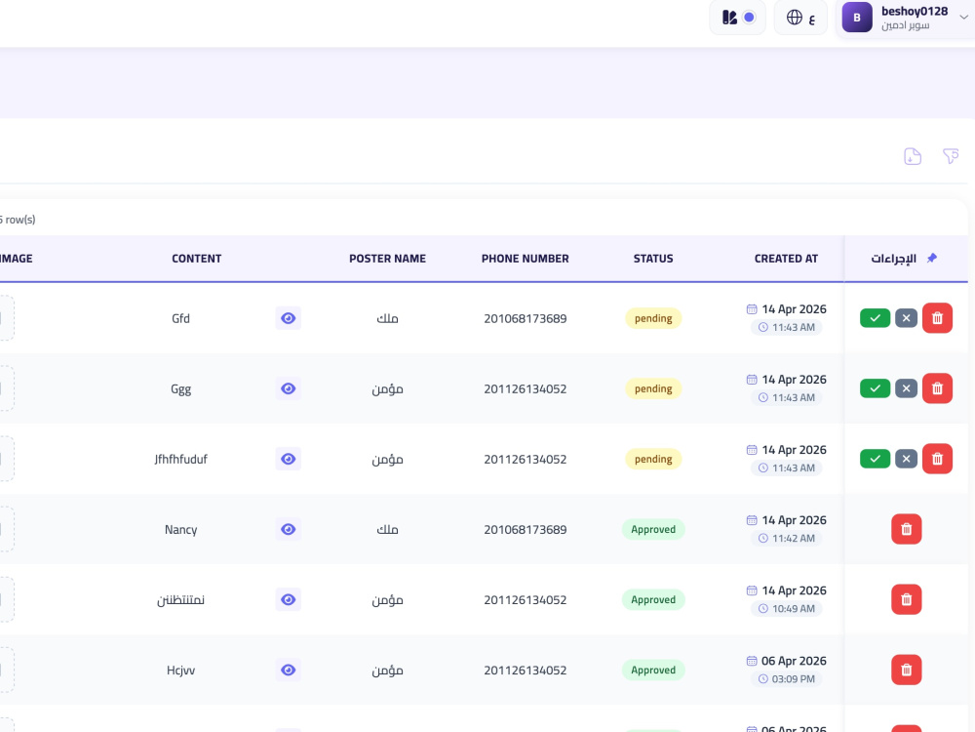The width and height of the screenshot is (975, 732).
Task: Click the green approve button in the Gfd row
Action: pyautogui.click(x=875, y=318)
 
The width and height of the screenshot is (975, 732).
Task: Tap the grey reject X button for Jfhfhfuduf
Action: pyautogui.click(x=906, y=459)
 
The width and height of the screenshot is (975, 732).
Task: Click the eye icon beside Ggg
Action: pyautogui.click(x=288, y=388)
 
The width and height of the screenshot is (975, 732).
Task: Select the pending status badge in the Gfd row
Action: pyautogui.click(x=653, y=318)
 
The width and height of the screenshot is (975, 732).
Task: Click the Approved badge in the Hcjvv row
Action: pyautogui.click(x=653, y=670)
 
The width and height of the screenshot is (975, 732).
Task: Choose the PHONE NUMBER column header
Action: pyautogui.click(x=525, y=259)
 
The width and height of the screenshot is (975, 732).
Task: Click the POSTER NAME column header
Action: pyautogui.click(x=387, y=259)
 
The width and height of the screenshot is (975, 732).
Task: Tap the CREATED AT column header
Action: pyautogui.click(x=786, y=259)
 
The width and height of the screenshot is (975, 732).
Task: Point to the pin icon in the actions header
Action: pyautogui.click(x=931, y=258)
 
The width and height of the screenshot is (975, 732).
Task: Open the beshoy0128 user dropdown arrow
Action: pyautogui.click(x=963, y=18)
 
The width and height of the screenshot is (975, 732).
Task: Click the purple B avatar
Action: pyautogui.click(x=857, y=18)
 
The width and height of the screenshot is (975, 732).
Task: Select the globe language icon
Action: pyautogui.click(x=794, y=18)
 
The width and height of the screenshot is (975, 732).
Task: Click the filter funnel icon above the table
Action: pyautogui.click(x=950, y=155)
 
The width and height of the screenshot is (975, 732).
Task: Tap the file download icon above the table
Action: pyautogui.click(x=913, y=156)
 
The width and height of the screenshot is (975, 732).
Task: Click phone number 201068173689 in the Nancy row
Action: pyautogui.click(x=525, y=529)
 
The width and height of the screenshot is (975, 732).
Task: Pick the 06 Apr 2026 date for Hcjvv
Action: pyautogui.click(x=794, y=661)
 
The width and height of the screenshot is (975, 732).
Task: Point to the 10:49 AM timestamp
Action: pyautogui.click(x=794, y=609)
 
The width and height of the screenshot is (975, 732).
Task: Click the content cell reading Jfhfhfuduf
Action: pyautogui.click(x=181, y=459)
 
